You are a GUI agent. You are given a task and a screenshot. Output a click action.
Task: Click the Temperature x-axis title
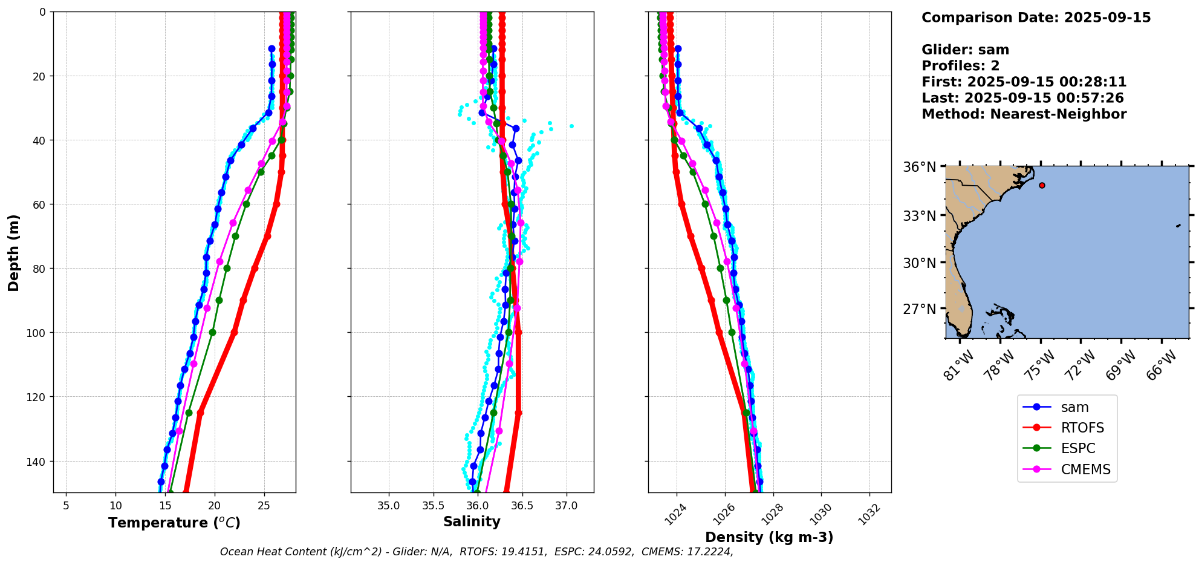point(174,523)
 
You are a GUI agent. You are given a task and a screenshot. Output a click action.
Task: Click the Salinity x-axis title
point(472,522)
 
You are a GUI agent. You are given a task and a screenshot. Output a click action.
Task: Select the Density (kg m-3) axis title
point(769,537)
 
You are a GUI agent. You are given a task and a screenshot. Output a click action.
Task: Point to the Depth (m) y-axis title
point(14,252)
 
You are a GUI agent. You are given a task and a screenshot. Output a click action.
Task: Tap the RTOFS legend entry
point(1082,428)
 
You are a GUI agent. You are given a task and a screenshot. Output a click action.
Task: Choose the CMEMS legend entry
point(1085,469)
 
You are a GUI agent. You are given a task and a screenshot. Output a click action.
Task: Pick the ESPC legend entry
point(1077,449)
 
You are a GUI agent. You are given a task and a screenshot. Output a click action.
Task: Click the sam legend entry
point(1074,408)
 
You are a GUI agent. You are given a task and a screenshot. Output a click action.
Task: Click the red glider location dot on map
point(1042,185)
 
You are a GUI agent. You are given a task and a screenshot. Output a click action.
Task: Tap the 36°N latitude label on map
point(919,168)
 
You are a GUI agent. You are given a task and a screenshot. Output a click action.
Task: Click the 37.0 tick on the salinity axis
point(566,506)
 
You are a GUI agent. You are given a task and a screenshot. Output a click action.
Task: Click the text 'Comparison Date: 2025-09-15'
point(1036,18)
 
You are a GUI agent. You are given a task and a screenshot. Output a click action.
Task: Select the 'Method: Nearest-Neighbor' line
point(1024,114)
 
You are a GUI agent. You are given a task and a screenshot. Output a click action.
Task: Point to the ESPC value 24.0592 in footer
point(609,552)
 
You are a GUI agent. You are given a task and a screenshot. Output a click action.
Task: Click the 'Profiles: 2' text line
point(960,66)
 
